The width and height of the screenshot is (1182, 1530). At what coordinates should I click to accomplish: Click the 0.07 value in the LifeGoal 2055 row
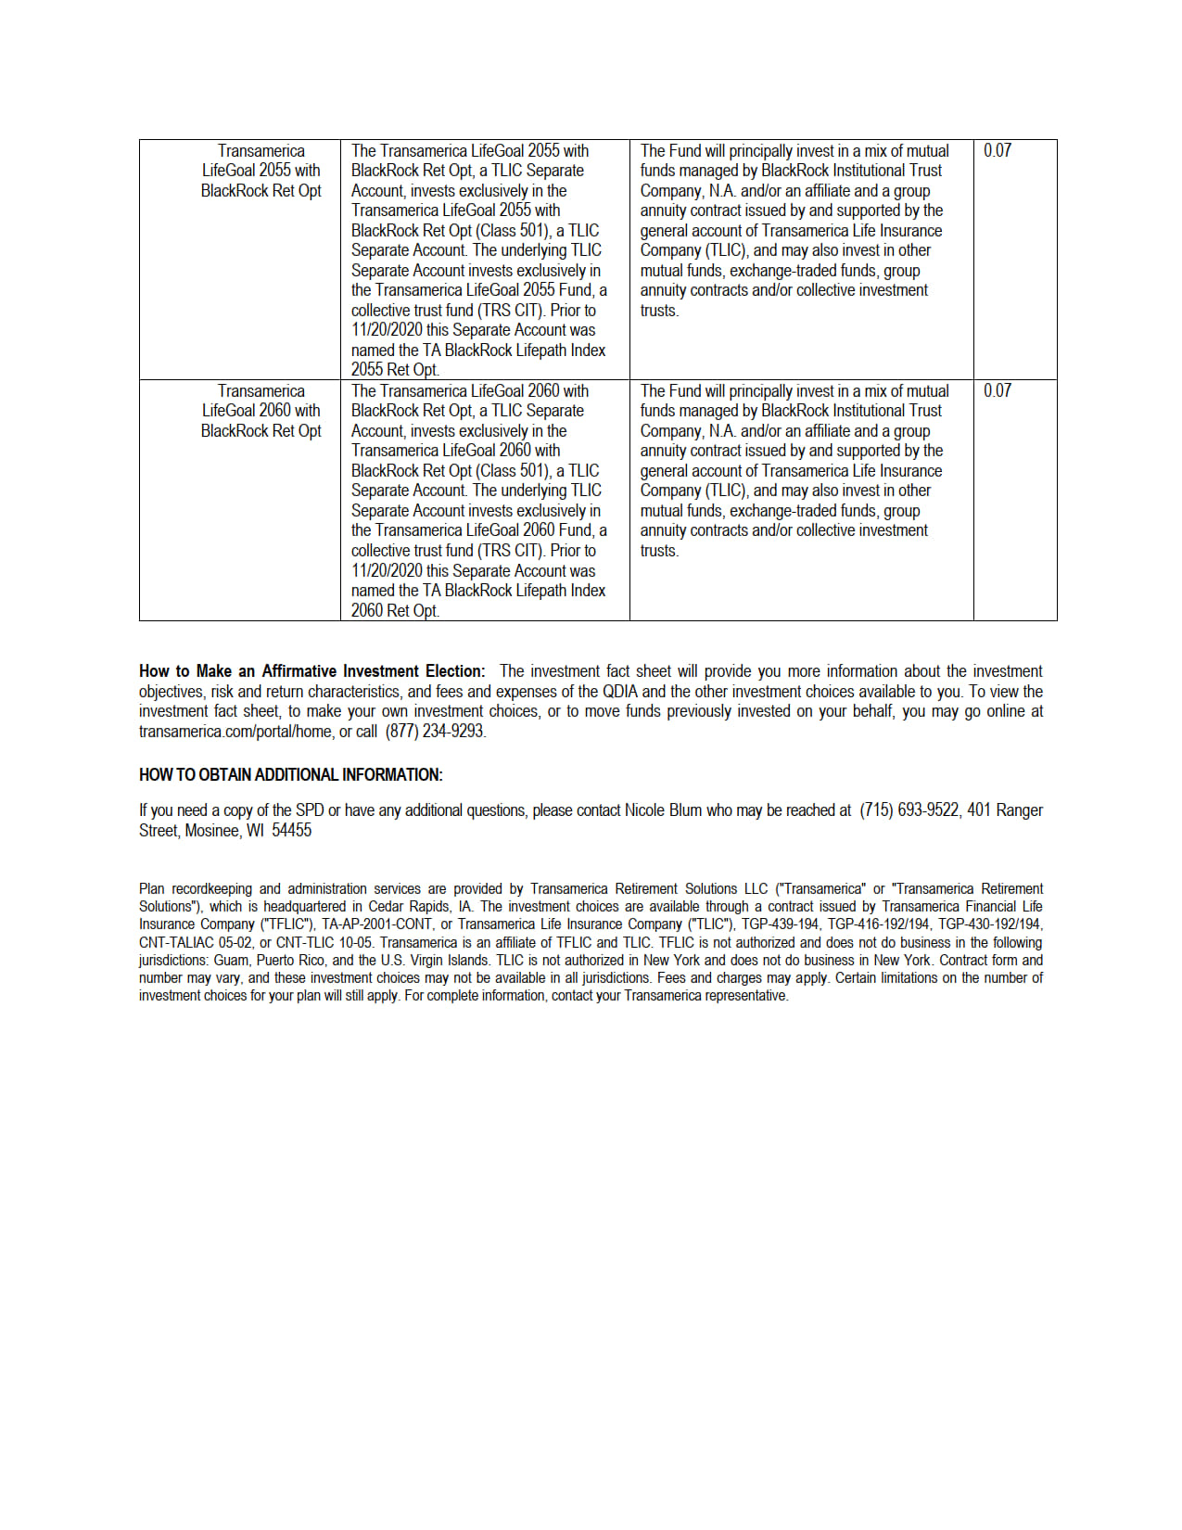[997, 150]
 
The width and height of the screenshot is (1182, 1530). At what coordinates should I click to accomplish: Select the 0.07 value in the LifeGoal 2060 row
[997, 390]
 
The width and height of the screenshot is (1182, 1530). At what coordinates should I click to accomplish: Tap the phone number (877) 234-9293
[435, 732]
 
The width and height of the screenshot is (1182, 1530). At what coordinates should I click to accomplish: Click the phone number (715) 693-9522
[909, 810]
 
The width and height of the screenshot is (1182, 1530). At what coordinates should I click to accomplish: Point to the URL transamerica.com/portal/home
[235, 732]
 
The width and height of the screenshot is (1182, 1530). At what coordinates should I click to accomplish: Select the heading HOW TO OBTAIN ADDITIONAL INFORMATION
[291, 775]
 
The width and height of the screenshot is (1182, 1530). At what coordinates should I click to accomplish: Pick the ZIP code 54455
[291, 831]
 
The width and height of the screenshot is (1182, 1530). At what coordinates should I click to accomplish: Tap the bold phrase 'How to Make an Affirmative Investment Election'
[311, 671]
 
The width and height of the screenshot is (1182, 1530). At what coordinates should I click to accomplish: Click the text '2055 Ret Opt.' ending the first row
[395, 370]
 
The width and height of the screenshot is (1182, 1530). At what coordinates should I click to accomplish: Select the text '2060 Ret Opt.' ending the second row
[395, 611]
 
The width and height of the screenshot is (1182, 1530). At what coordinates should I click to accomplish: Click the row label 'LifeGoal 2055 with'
[261, 171]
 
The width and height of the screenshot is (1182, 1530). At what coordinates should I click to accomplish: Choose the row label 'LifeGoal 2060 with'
[261, 411]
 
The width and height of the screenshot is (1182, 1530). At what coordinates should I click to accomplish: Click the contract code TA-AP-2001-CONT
[376, 924]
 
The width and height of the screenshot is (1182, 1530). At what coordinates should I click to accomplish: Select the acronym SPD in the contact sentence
[310, 810]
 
